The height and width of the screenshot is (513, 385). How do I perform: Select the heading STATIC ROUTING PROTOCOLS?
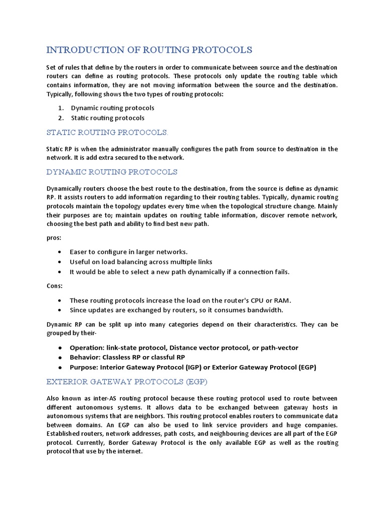click(x=107, y=132)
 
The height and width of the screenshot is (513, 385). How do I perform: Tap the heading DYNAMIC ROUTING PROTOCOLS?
click(x=112, y=172)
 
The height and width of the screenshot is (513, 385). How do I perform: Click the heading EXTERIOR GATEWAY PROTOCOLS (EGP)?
click(x=127, y=382)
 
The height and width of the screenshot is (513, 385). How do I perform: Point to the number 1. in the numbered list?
click(x=60, y=108)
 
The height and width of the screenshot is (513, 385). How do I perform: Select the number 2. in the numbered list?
click(x=60, y=118)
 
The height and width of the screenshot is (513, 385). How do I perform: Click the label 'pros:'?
click(x=54, y=238)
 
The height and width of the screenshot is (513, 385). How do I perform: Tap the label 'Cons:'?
click(x=55, y=286)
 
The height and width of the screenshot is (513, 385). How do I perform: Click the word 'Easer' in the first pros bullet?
click(x=79, y=252)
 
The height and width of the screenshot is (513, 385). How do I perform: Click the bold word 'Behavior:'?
click(x=85, y=357)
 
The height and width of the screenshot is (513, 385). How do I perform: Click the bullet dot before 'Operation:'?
click(x=60, y=348)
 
